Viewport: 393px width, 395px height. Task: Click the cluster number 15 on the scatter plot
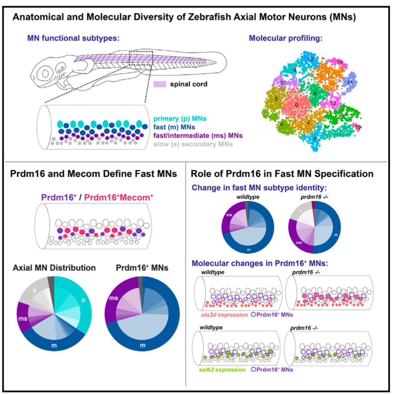click(358, 127)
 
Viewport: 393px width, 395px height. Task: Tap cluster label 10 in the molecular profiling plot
click(311, 59)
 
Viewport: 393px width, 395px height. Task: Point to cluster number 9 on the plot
click(315, 138)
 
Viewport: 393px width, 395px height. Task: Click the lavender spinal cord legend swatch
click(159, 84)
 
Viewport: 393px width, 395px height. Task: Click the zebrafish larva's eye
click(45, 73)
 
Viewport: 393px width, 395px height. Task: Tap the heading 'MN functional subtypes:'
click(73, 38)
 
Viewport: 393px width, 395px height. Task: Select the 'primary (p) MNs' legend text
click(180, 118)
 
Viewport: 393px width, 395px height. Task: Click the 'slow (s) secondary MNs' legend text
click(193, 144)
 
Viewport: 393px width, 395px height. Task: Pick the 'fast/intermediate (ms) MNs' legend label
click(198, 135)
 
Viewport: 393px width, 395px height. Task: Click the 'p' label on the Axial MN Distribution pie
click(83, 300)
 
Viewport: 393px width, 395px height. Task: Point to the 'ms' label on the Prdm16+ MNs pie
click(114, 298)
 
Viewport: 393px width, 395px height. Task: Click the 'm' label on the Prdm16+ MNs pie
click(143, 345)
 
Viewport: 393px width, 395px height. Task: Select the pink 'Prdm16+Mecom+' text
click(119, 197)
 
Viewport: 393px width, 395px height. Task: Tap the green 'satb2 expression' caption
click(222, 370)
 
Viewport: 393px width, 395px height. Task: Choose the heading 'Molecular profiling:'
click(286, 38)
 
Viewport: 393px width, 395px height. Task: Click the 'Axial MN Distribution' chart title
click(54, 268)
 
